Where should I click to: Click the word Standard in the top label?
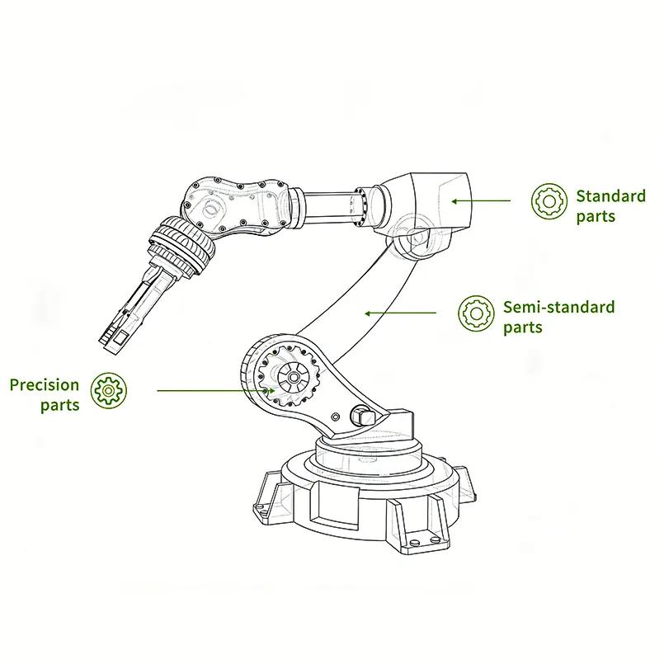click(610, 196)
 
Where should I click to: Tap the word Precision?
click(45, 385)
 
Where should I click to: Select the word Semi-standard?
click(558, 307)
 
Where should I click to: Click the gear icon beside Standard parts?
click(549, 201)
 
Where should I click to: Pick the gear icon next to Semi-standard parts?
click(476, 313)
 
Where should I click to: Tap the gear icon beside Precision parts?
click(109, 390)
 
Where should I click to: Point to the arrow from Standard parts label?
click(481, 201)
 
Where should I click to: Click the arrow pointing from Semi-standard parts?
click(401, 313)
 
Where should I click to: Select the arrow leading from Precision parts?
click(216, 390)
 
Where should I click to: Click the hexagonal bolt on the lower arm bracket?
click(361, 417)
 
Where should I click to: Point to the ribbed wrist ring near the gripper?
click(182, 244)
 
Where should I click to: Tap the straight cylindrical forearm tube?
click(329, 210)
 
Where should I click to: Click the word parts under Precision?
click(60, 405)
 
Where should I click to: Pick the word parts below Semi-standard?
click(523, 327)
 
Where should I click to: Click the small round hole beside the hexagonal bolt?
click(336, 417)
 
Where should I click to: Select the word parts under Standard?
click(596, 217)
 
